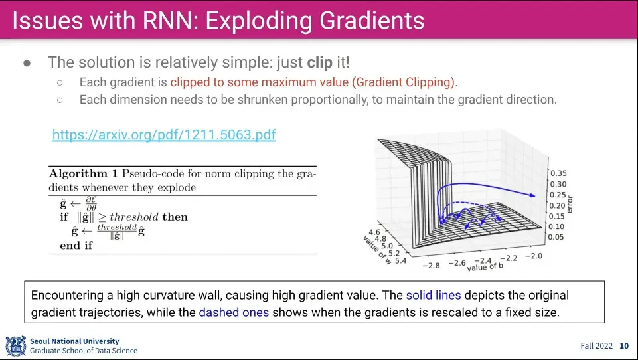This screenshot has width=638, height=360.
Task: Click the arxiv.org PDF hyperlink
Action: pyautogui.click(x=164, y=135)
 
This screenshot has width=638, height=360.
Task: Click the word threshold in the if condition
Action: pyautogui.click(x=134, y=217)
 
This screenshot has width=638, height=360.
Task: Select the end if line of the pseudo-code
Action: pyautogui.click(x=76, y=245)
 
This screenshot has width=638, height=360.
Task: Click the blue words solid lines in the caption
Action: pyautogui.click(x=434, y=295)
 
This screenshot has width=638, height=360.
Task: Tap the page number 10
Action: pyautogui.click(x=623, y=345)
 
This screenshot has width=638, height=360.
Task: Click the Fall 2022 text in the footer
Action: pyautogui.click(x=597, y=345)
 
